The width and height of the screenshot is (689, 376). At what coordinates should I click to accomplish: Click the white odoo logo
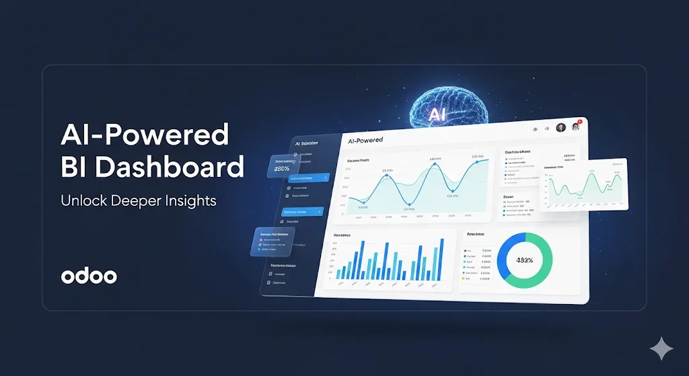coord(89,276)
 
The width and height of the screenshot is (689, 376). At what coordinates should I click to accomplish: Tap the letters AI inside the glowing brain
coord(438,114)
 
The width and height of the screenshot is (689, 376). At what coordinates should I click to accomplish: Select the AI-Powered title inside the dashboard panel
coord(365,140)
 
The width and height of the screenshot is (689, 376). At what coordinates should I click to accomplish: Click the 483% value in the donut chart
coord(524,260)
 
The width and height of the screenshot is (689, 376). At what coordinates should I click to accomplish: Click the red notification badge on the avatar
coord(579,122)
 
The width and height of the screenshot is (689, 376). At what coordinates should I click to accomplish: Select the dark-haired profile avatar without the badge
coord(560,128)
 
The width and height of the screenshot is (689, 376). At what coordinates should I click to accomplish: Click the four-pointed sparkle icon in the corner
coord(661,349)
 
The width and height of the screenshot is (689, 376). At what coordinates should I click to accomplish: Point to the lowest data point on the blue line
coord(365,202)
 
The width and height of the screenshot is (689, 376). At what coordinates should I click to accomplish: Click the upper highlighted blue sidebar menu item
coord(308,178)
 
